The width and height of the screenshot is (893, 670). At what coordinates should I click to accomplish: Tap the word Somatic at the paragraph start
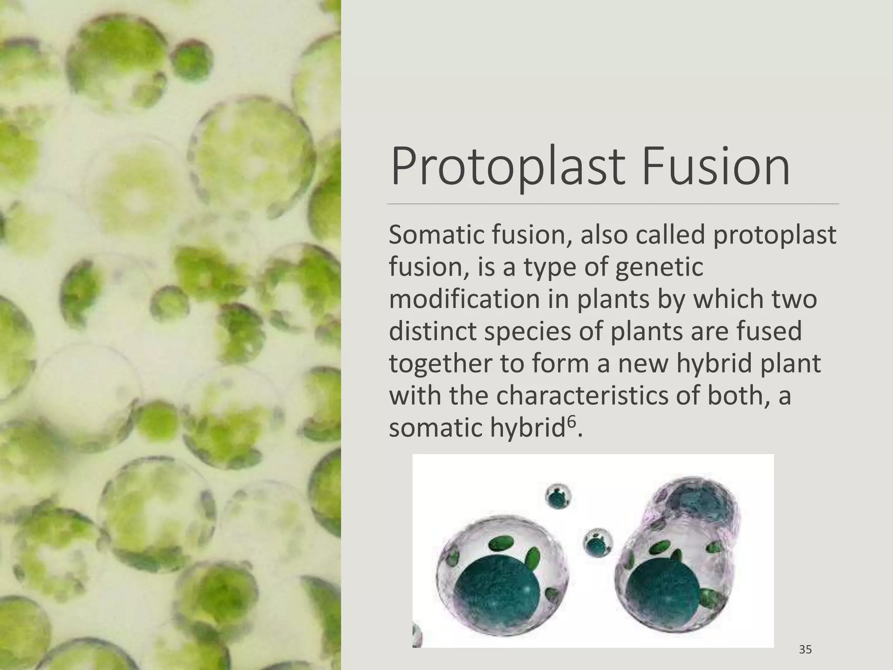click(x=435, y=235)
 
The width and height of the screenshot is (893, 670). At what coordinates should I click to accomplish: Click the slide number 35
click(x=805, y=649)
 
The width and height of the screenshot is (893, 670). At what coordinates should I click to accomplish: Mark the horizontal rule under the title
click(x=613, y=204)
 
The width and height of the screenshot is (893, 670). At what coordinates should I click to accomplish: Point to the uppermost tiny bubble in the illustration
click(x=559, y=496)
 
